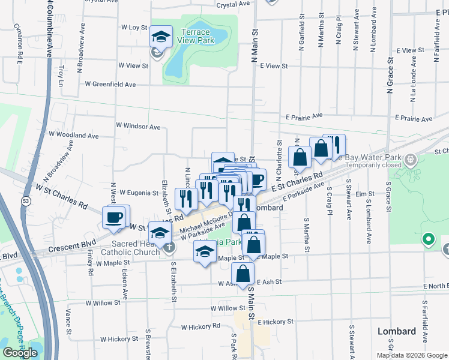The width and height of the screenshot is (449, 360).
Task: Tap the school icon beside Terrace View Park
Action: click(160, 37)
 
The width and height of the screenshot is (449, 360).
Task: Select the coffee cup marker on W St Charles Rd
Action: click(114, 217)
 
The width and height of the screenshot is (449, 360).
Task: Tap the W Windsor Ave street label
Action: click(138, 127)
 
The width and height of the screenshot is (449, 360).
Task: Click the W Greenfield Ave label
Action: click(110, 85)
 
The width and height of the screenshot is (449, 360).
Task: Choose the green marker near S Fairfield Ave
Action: click(428, 241)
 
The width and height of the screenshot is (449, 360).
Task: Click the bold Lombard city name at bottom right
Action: click(396, 331)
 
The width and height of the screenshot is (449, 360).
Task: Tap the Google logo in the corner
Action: click(20, 353)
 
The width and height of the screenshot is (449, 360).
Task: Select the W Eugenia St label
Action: click(138, 193)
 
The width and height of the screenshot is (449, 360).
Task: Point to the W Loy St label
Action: click(134, 28)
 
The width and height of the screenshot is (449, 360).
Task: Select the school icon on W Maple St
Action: click(205, 253)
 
